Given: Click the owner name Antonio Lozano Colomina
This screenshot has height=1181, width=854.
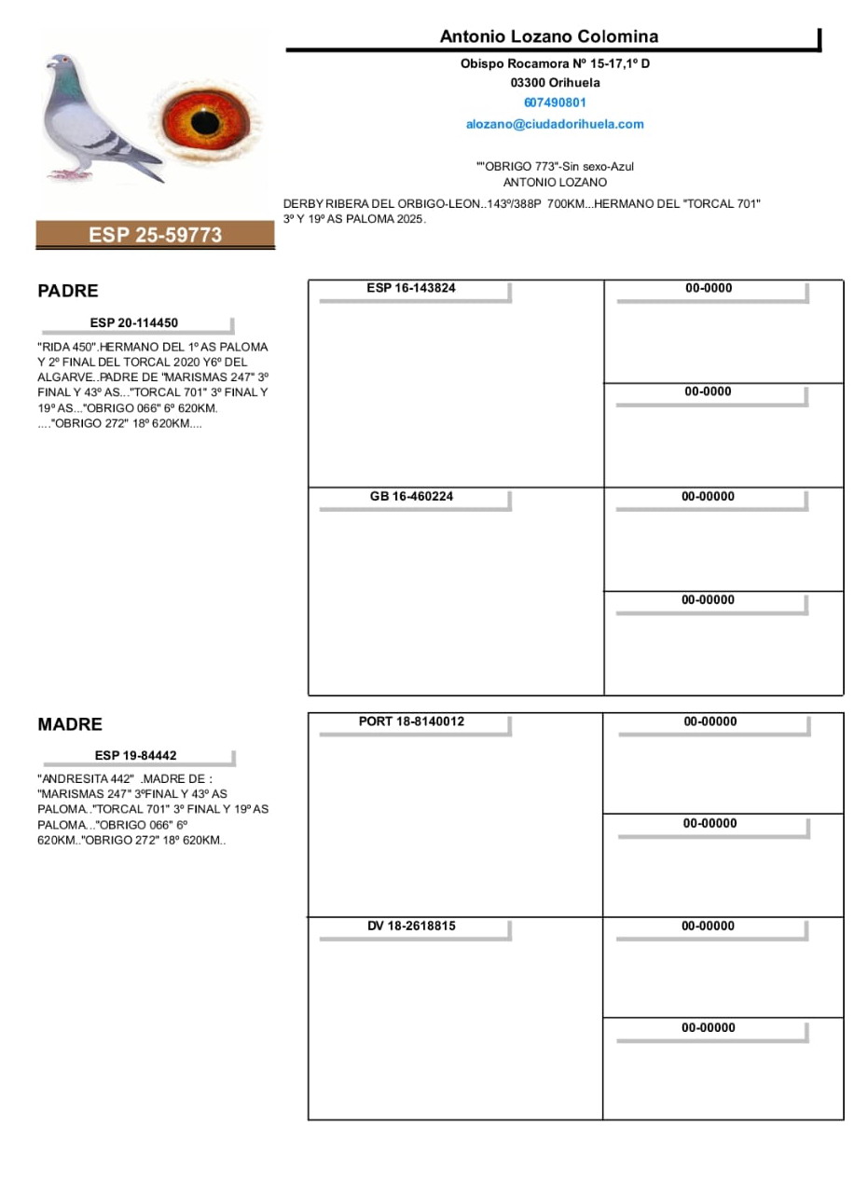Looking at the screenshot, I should (549, 36).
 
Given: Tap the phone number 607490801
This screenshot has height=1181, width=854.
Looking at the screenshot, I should (555, 103).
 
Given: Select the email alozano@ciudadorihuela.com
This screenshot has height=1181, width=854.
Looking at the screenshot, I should (555, 124).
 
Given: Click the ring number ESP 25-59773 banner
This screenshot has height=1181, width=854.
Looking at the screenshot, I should (156, 235).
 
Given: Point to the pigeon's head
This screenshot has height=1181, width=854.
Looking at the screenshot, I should (62, 66).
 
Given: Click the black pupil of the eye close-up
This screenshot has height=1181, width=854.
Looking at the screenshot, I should (204, 121).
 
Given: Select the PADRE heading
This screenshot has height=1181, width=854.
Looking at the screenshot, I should (68, 291).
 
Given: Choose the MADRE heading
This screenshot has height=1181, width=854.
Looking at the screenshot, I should (70, 724).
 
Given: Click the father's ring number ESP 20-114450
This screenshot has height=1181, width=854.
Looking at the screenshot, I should (134, 323).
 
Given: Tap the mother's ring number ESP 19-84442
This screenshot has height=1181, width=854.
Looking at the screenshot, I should (135, 755).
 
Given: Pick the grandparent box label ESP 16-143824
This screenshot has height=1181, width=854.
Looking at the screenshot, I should (411, 288).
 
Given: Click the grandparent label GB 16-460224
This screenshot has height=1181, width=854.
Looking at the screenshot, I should (411, 496).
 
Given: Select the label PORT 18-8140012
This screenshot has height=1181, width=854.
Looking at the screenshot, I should (411, 721).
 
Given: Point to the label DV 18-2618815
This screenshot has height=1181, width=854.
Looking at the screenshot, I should (411, 926).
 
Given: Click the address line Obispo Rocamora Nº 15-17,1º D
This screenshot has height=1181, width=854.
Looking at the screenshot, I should (555, 63).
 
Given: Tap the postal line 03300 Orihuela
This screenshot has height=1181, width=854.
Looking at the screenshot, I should (555, 83).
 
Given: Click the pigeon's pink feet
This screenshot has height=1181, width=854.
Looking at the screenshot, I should (67, 174).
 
